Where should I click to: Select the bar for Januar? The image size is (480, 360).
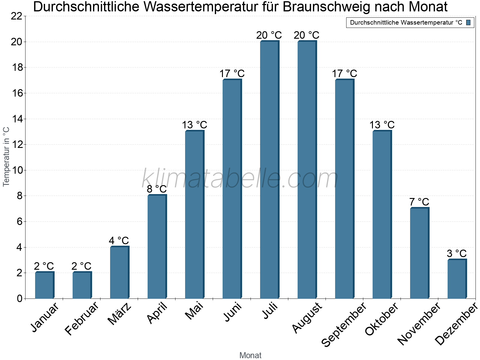pyautogui.click(x=44, y=285)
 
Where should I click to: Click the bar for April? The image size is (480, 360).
pyautogui.click(x=157, y=247)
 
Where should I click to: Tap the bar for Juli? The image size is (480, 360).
pyautogui.click(x=269, y=170)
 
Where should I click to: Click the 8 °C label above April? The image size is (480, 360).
pyautogui.click(x=157, y=189)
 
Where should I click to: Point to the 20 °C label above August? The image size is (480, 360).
pyautogui.click(x=307, y=35)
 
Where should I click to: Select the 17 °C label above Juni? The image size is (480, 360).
pyautogui.click(x=232, y=73)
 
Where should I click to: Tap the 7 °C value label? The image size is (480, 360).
pyautogui.click(x=419, y=202)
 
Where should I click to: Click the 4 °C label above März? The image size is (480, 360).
pyautogui.click(x=119, y=241)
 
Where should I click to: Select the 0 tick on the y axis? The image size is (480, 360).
pyautogui.click(x=20, y=298)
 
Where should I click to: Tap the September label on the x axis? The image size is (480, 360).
pyautogui.click(x=344, y=324)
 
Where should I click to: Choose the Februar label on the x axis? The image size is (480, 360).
pyautogui.click(x=82, y=318)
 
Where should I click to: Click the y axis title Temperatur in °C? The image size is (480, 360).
pyautogui.click(x=6, y=157)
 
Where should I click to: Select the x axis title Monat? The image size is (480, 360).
pyautogui.click(x=250, y=355)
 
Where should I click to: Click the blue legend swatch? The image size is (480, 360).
pyautogui.click(x=468, y=22)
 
